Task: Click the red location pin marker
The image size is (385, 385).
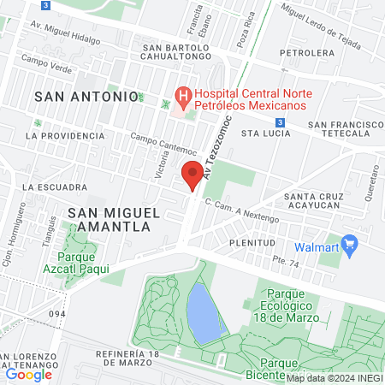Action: [x=193, y=175]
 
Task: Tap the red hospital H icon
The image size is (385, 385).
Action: [x=182, y=94]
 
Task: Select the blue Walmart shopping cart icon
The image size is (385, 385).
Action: [x=349, y=244]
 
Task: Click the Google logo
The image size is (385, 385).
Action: [x=28, y=374]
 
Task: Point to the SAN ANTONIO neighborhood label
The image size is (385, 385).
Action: [x=86, y=97]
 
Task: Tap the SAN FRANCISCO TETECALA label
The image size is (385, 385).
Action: [x=346, y=129]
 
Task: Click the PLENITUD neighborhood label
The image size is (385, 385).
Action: [x=252, y=242]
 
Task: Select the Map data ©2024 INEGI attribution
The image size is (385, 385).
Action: [x=335, y=378]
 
